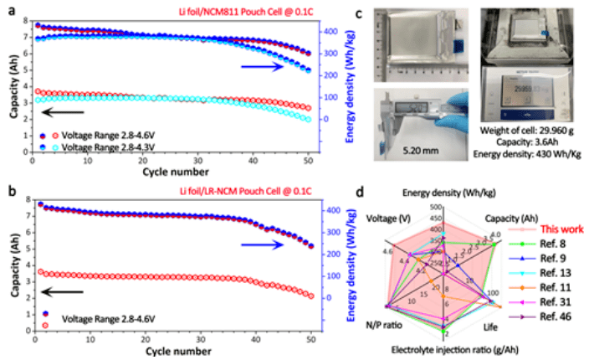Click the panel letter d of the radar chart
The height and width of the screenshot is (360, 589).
[x=378, y=195]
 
